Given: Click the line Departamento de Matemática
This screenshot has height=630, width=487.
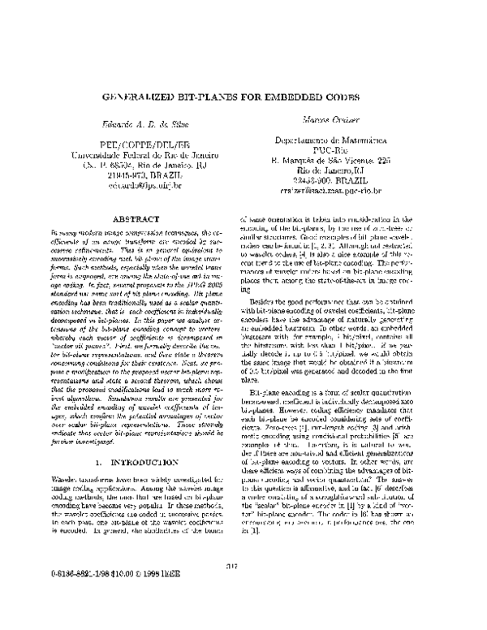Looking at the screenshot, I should (x=334, y=140).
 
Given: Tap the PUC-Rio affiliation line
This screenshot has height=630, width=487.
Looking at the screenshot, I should (x=334, y=150).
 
